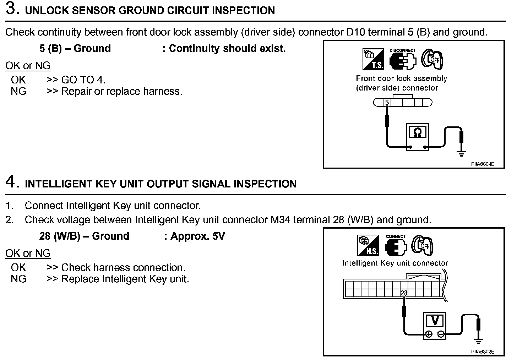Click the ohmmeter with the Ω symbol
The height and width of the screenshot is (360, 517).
tap(418, 137)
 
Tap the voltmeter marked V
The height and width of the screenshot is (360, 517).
tap(435, 325)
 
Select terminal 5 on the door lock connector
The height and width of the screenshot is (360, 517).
tap(387, 103)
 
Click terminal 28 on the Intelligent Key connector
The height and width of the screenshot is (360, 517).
tap(404, 293)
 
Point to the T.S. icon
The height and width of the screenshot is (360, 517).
tap(373, 59)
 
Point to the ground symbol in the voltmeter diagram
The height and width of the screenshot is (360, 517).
tap(478, 341)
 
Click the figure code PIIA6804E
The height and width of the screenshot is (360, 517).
tap(483, 164)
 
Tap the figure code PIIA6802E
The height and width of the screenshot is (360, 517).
tap(483, 352)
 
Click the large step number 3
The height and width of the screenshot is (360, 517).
tap(12, 9)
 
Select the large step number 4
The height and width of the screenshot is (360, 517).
tap(12, 182)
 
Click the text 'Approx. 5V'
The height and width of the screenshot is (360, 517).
tap(197, 236)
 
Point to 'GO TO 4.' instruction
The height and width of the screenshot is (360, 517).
tap(83, 80)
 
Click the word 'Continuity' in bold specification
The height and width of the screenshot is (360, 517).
tap(192, 49)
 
